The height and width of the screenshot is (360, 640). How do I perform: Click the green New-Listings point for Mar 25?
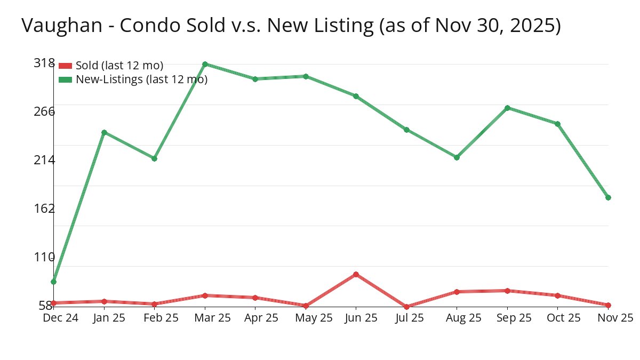coord(205,64)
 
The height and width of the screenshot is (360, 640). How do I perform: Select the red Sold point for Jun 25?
coord(356,274)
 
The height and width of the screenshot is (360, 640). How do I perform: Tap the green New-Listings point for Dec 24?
coord(54,282)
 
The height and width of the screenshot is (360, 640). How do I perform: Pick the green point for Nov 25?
coord(608,197)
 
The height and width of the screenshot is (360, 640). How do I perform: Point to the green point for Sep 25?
coord(507,108)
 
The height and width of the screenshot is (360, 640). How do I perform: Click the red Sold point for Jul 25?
coord(406,307)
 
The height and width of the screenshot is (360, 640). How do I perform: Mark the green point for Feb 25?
coord(154,158)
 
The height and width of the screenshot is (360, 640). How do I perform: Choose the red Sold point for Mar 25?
coord(205,295)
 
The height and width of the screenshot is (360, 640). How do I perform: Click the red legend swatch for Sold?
coord(65,66)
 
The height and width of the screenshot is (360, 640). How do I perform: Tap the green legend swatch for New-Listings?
coord(65,79)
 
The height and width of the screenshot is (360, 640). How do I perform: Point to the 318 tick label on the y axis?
coord(44,63)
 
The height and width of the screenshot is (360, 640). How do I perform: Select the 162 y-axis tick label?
coord(44,208)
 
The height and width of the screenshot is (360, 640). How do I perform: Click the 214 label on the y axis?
coord(44,159)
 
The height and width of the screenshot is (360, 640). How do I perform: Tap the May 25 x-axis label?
coord(314,318)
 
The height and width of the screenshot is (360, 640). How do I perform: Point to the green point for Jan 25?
coord(104,132)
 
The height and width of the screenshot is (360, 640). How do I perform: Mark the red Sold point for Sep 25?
coord(507,291)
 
